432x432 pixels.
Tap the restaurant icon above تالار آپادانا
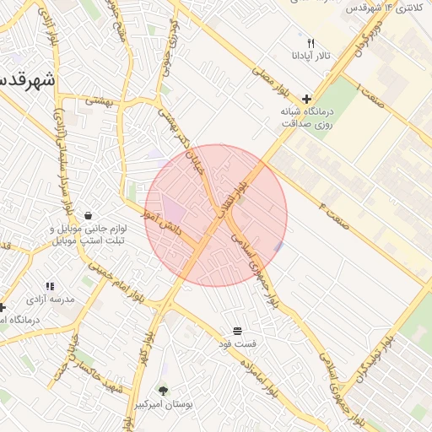(x=310, y=43)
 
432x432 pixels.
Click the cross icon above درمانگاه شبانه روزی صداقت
(x=306, y=99)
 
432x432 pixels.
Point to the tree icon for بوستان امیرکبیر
(x=163, y=391)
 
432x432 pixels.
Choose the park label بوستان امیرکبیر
(x=164, y=405)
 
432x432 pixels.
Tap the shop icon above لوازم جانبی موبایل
(x=89, y=214)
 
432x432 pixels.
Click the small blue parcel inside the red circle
(x=278, y=246)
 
